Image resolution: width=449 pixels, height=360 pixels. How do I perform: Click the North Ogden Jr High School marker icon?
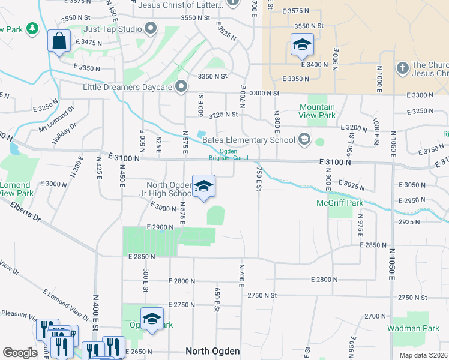pos(203,187)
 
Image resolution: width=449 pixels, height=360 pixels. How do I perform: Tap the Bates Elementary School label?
pos(249,140)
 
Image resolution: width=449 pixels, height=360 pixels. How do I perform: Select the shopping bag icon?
pos(59,41)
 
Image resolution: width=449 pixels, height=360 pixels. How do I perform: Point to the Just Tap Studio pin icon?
pos(150,28)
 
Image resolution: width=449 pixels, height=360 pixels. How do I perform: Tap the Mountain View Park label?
pos(317,111)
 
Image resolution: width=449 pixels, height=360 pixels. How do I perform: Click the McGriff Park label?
pos(340,203)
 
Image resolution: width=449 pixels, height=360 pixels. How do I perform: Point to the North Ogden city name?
pos(212,351)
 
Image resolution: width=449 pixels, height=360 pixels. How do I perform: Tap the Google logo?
pos(20,353)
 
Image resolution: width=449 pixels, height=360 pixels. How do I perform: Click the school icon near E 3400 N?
pos(301,44)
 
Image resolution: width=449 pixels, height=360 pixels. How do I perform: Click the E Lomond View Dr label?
pos(65,304)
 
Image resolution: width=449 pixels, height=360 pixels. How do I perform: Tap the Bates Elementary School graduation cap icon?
pos(304,140)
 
